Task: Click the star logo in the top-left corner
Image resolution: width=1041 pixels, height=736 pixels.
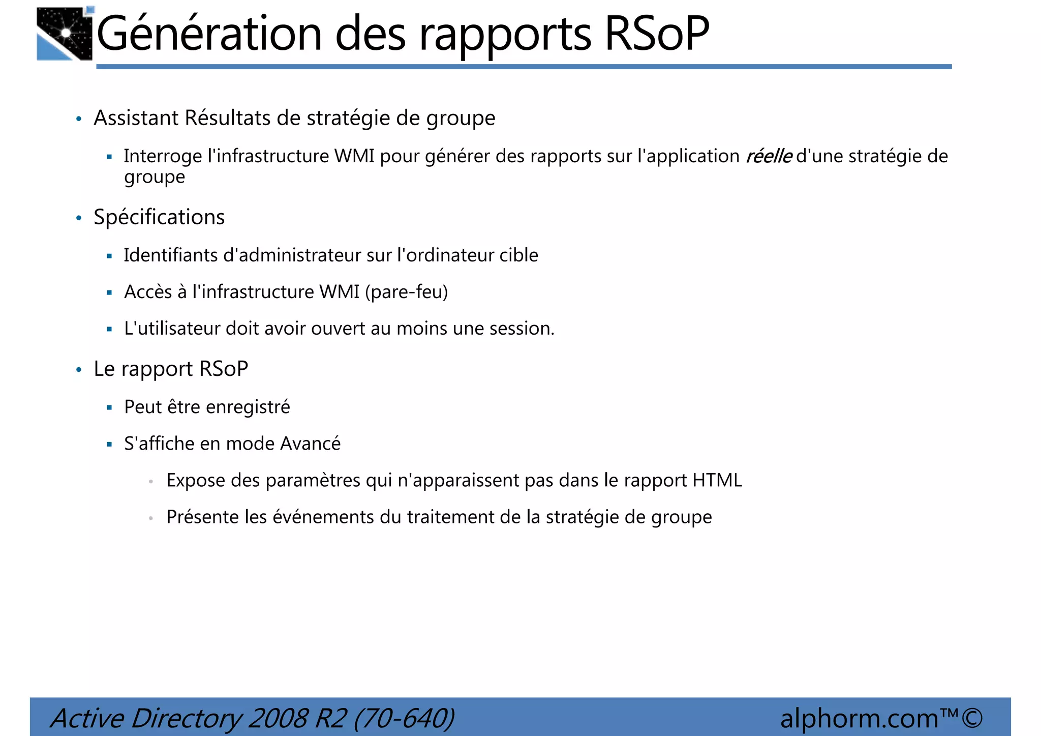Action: click(x=65, y=34)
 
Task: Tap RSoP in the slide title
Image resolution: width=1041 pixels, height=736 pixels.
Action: click(x=656, y=34)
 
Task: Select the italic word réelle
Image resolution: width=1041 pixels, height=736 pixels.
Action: click(x=768, y=156)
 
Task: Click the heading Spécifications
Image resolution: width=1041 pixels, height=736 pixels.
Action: click(x=159, y=217)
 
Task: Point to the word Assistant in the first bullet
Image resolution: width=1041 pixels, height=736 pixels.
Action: click(x=136, y=118)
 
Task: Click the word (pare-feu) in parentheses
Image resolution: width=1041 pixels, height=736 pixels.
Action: click(x=406, y=292)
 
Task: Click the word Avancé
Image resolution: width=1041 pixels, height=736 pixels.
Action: click(x=310, y=444)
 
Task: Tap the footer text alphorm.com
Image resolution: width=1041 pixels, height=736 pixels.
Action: click(x=859, y=719)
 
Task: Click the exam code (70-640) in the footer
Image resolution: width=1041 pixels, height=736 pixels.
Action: click(x=404, y=719)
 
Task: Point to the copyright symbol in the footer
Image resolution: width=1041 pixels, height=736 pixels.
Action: click(x=971, y=718)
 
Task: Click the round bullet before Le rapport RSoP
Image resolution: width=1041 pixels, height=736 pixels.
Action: click(x=79, y=370)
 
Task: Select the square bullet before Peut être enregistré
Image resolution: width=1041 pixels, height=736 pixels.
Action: click(x=109, y=407)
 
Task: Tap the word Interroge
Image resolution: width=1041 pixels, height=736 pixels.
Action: click(x=163, y=156)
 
